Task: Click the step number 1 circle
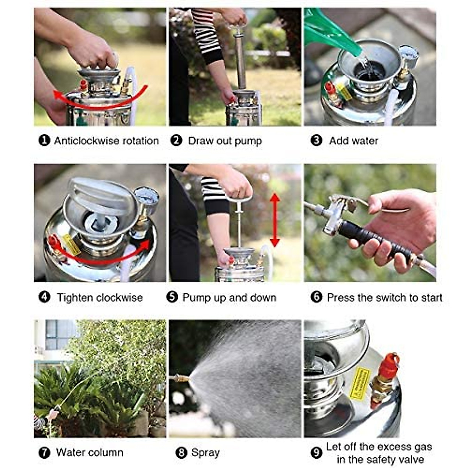coord(44,140)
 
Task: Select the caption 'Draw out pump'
coord(225,141)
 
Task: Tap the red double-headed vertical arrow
coord(275,220)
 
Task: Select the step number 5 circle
coord(172,297)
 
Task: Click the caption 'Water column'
coord(89,452)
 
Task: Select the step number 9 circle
coord(316,453)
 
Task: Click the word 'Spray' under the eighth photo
coord(205,453)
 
